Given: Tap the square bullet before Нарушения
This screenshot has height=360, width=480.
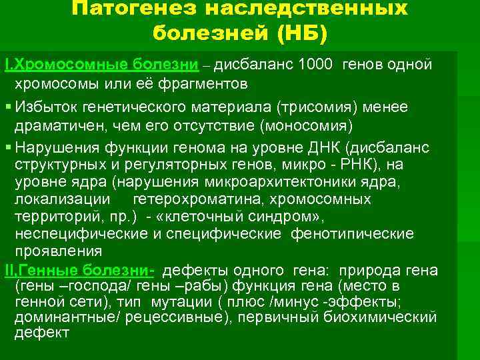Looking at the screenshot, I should tap(7, 147).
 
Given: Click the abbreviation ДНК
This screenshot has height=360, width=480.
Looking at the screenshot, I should tap(327, 147).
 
